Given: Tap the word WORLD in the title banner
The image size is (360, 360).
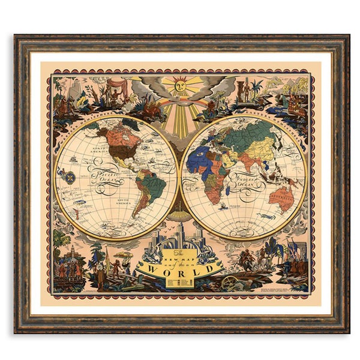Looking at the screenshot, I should [x=179, y=268].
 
